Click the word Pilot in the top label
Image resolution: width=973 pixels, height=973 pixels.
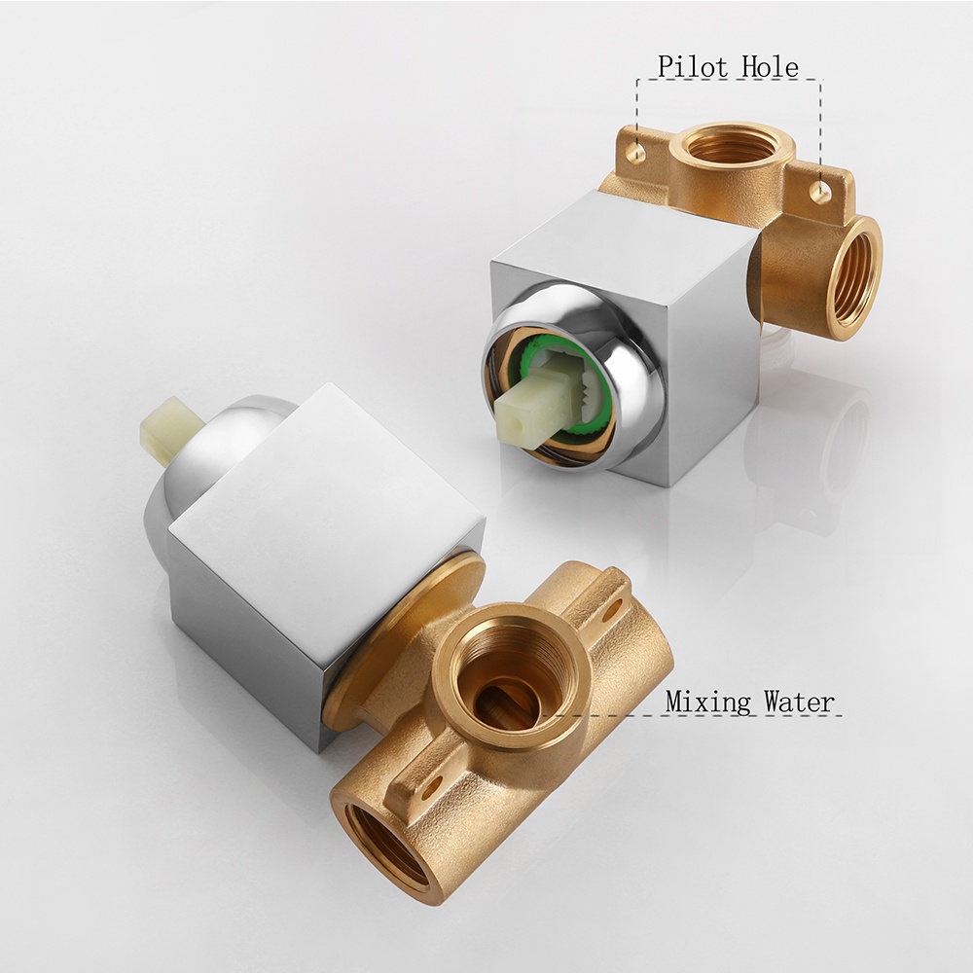[x=694, y=67]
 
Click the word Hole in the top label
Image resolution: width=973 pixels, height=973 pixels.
[x=771, y=67]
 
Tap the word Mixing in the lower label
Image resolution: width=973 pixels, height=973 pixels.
[x=708, y=702]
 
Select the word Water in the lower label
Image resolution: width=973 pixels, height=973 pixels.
[x=799, y=702]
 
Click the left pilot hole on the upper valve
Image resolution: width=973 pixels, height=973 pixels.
[x=634, y=153]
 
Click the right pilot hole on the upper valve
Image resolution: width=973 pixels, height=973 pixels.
[x=820, y=192]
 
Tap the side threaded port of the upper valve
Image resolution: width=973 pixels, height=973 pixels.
[x=855, y=278]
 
